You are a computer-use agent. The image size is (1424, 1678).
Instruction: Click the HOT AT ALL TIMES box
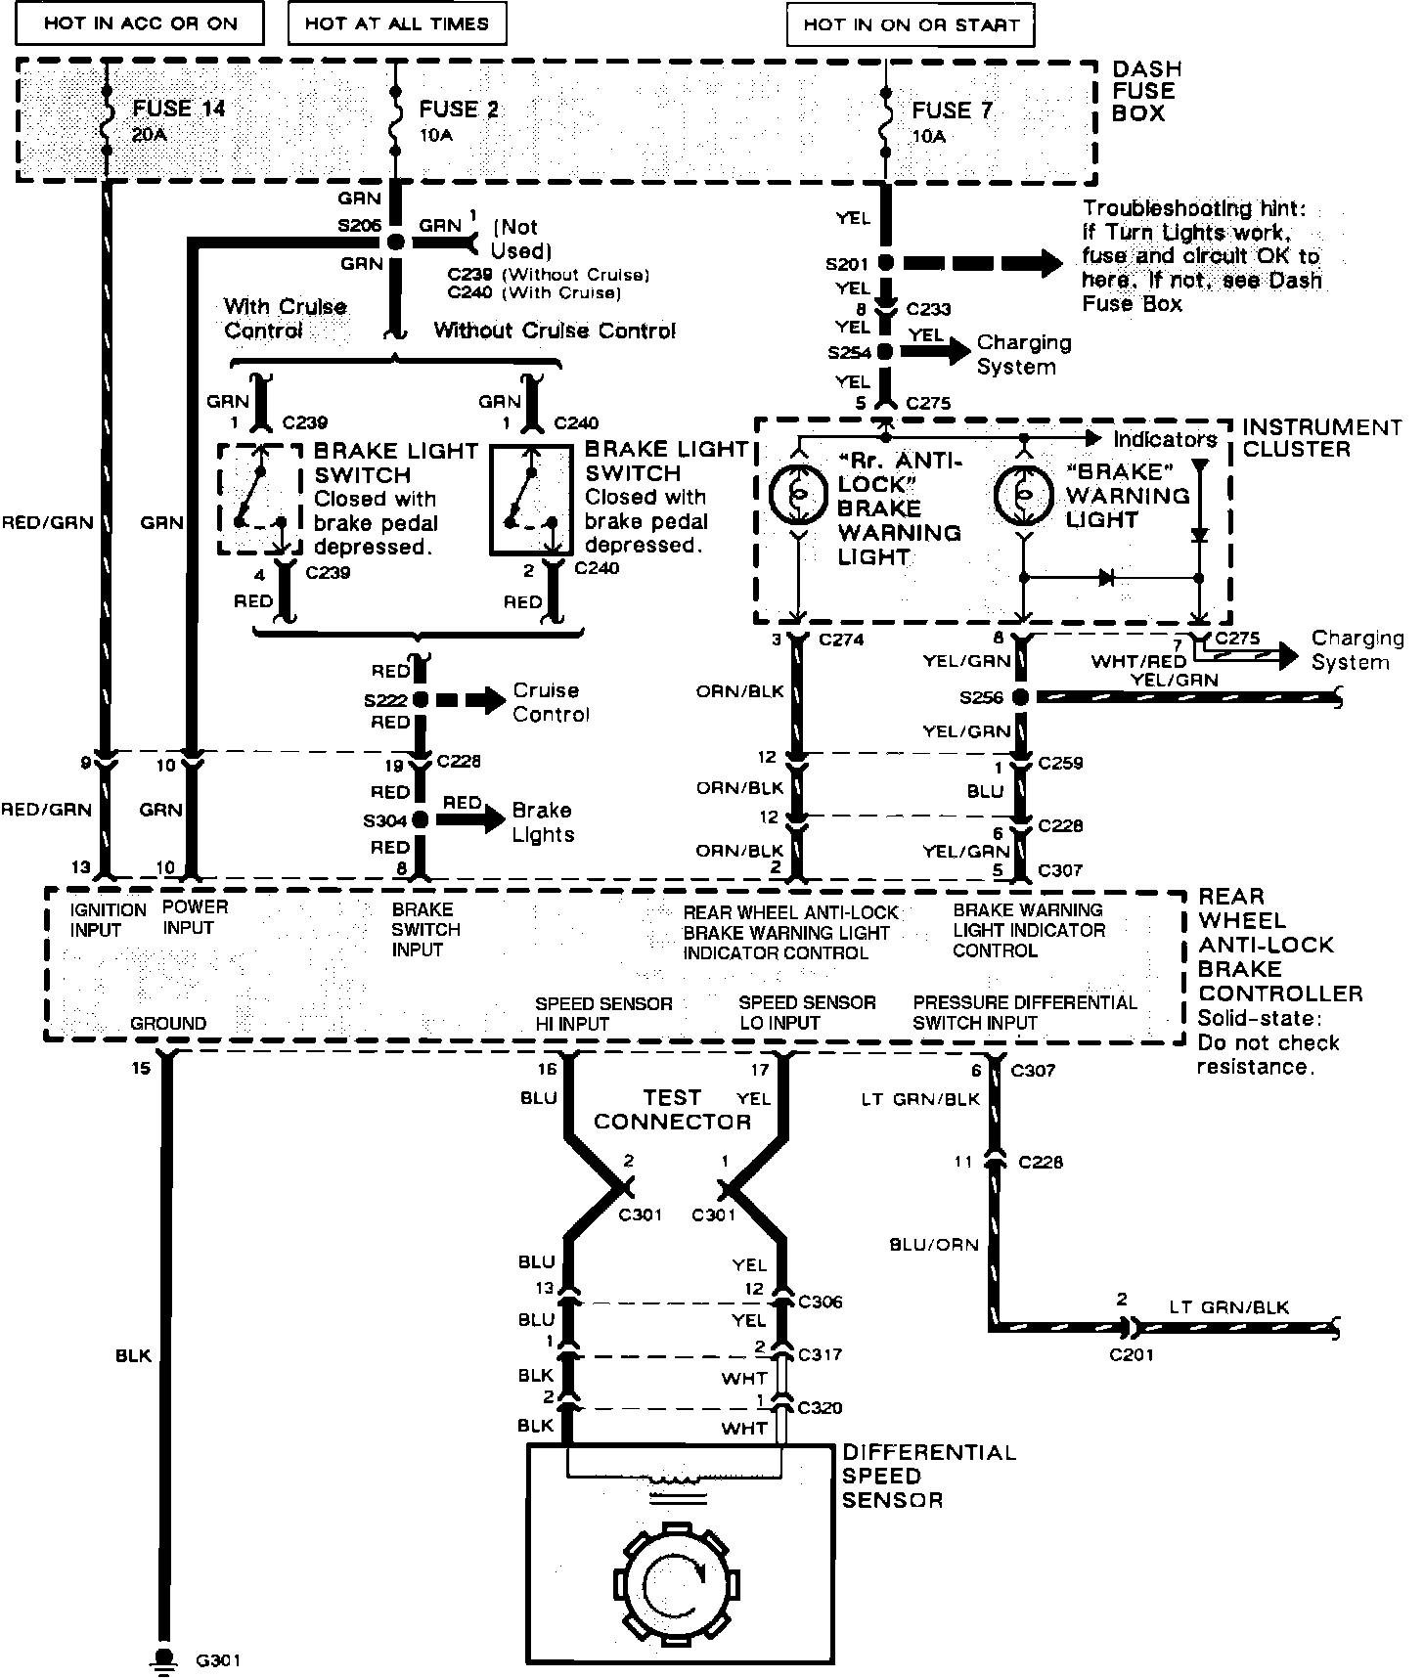[397, 23]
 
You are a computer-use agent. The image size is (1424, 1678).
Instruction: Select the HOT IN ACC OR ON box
[141, 23]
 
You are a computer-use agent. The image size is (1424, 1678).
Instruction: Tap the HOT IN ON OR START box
[910, 25]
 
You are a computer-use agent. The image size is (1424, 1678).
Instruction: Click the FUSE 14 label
[178, 109]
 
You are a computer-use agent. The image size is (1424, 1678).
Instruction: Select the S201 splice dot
[885, 263]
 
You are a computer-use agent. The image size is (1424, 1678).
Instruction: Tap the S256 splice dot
[1020, 698]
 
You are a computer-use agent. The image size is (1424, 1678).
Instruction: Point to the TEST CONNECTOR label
[672, 1110]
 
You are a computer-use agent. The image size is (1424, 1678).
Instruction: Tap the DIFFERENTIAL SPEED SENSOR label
[929, 1477]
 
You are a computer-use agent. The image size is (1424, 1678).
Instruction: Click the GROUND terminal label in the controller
[168, 1023]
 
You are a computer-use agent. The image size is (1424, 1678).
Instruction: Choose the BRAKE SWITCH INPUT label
[425, 929]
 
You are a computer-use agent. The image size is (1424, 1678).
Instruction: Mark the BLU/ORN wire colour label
[934, 1245]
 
